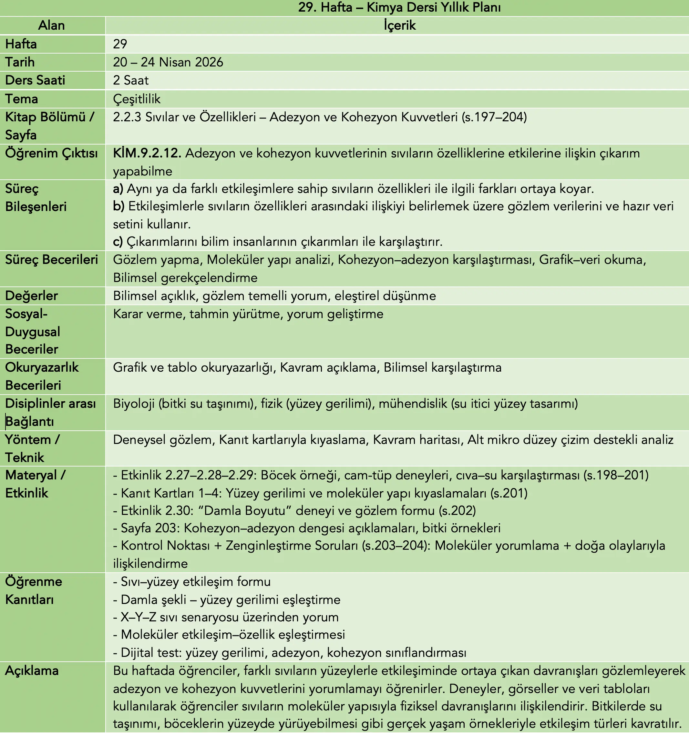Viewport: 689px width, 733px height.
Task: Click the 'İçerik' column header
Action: pyautogui.click(x=399, y=25)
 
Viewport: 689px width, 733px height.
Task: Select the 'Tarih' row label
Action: pyautogui.click(x=20, y=62)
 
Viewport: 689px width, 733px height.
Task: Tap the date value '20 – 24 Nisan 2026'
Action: pyautogui.click(x=168, y=62)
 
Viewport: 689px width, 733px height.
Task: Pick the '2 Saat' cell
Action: pyautogui.click(x=131, y=80)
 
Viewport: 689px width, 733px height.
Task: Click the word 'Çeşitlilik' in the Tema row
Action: pyautogui.click(x=137, y=99)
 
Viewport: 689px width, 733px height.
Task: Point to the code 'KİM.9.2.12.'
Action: pyautogui.click(x=147, y=153)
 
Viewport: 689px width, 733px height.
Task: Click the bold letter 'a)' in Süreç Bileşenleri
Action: pyautogui.click(x=118, y=189)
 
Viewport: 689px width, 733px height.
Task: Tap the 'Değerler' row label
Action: pyautogui.click(x=31, y=296)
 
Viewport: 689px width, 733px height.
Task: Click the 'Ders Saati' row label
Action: pyautogui.click(x=35, y=80)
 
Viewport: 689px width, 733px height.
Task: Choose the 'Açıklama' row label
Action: pyautogui.click(x=32, y=671)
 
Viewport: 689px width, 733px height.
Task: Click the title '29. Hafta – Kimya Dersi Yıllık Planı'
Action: pyautogui.click(x=399, y=8)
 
